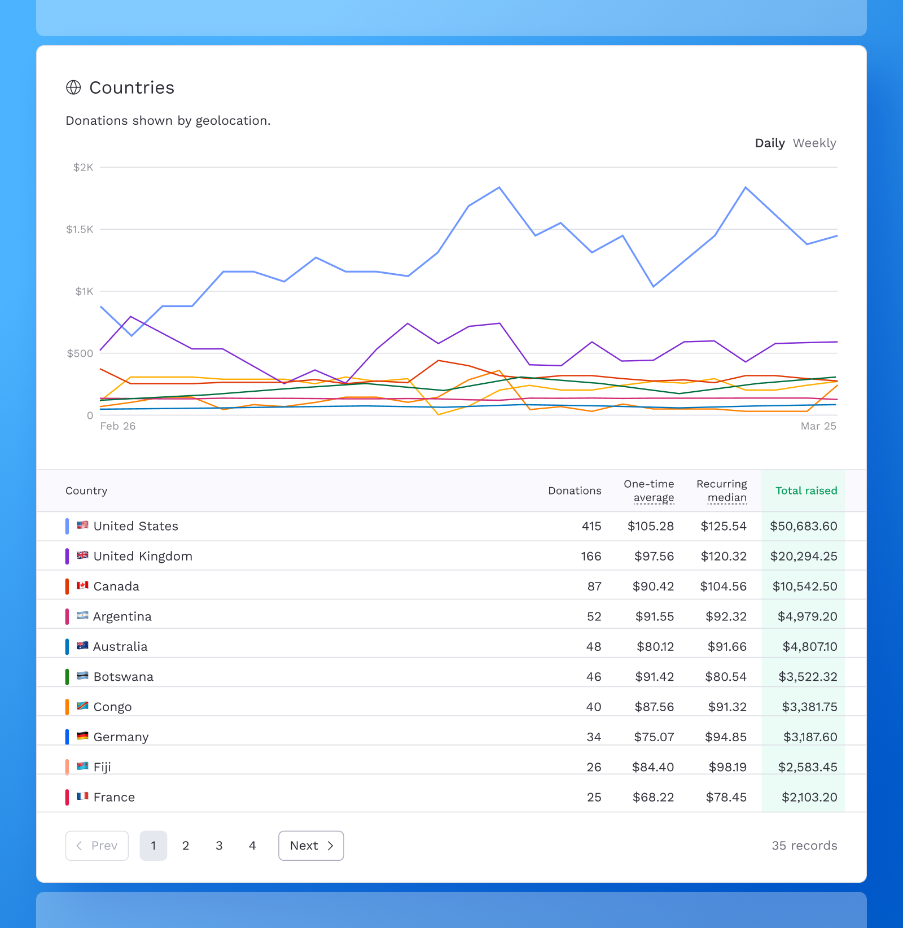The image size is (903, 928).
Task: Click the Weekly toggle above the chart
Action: [x=814, y=143]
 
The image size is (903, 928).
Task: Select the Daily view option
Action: [x=769, y=143]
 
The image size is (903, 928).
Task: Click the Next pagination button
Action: [x=311, y=846]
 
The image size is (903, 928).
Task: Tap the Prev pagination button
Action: [x=97, y=846]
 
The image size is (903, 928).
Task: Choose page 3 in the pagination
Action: [x=219, y=846]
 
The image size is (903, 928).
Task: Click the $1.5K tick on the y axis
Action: [x=80, y=229]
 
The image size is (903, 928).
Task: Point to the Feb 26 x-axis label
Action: [x=118, y=426]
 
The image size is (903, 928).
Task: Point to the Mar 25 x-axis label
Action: [x=818, y=426]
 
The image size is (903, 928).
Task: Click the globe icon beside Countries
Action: [x=73, y=87]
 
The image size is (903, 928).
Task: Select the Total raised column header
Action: [x=806, y=491]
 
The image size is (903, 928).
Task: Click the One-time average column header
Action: [x=648, y=491]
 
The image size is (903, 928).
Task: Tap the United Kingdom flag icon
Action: [x=82, y=555]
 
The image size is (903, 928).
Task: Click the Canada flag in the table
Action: [x=82, y=585]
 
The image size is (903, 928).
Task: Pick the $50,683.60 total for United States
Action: [x=803, y=526]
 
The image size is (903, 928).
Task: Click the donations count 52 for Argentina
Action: [x=594, y=616]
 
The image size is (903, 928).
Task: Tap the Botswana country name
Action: [x=123, y=677]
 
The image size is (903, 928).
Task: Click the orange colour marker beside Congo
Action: [x=67, y=707]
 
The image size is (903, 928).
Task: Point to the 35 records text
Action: [x=804, y=846]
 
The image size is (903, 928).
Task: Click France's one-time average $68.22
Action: [x=653, y=797]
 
